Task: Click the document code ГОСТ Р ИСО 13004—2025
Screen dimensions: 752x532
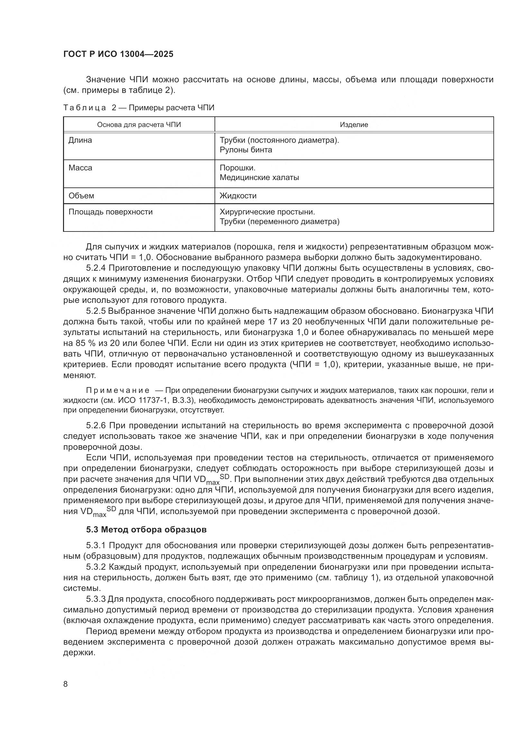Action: coord(118,54)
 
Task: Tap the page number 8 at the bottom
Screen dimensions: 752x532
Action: coord(66,684)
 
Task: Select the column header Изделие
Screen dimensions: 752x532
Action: coord(354,125)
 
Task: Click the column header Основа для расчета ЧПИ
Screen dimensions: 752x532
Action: coord(139,125)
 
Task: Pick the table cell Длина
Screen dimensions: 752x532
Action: coord(80,140)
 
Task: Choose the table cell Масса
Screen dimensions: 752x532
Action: coord(80,168)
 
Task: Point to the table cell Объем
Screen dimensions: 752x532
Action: coord(81,196)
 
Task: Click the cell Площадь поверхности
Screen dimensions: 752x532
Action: coord(110,212)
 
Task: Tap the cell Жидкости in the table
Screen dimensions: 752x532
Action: coord(238,196)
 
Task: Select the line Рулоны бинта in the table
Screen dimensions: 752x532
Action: coord(246,150)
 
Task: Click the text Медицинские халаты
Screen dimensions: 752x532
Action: coord(259,178)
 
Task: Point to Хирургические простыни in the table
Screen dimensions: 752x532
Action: coord(267,212)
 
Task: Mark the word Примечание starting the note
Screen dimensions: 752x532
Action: coord(118,390)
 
